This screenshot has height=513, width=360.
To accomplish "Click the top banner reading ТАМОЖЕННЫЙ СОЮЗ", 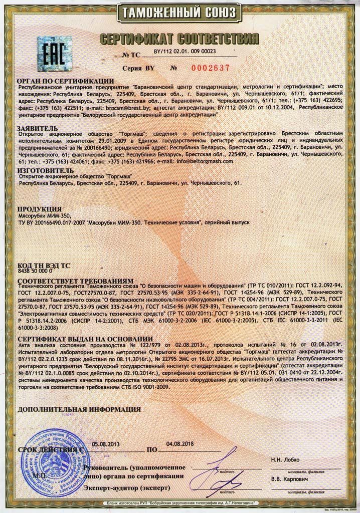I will tap(179, 11).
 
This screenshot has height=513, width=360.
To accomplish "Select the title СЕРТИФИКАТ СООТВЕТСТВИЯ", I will tap(179, 38).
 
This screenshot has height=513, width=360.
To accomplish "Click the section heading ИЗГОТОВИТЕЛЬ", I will tap(46, 170).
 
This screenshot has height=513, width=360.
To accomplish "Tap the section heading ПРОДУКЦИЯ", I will tap(40, 208).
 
